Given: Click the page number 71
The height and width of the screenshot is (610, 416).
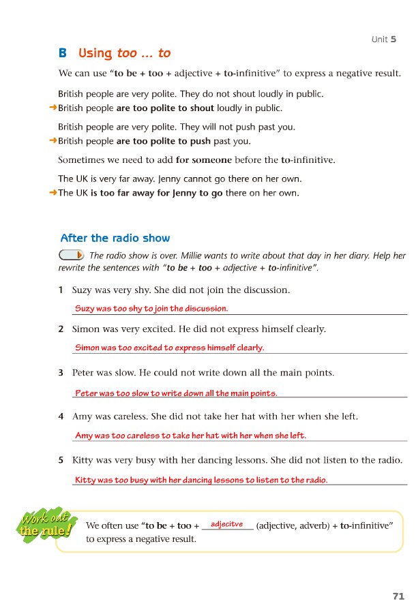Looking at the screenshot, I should coord(399,596).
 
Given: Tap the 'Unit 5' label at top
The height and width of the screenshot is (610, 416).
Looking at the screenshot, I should coord(384,40).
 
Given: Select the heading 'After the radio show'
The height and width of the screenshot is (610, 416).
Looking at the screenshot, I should coord(115,238).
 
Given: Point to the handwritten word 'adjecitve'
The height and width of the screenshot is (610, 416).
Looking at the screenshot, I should coord(227,524).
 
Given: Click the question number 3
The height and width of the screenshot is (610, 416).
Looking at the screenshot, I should coord(61,373).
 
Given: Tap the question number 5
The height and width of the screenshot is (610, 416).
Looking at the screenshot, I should coord(61,460).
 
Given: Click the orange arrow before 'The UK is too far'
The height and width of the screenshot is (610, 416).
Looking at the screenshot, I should coord(53,193).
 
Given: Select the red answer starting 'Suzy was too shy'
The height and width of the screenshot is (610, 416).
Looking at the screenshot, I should coord(151,309).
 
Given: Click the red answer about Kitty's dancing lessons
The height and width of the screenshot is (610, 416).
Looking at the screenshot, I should coord(201,480).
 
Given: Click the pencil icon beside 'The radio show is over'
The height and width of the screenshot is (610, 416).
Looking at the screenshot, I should coord(72,255).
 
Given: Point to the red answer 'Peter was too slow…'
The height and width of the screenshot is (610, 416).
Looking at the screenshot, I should coord(176,393).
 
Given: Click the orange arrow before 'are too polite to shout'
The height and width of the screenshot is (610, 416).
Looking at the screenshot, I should coord(53,108).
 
